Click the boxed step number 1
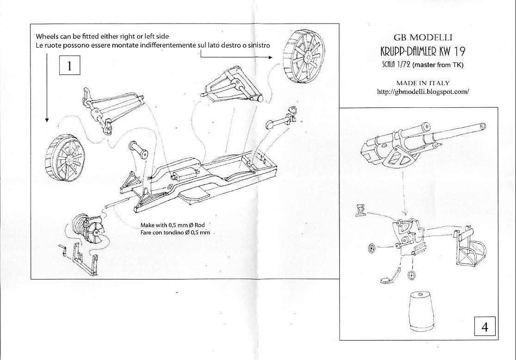[x=69, y=66]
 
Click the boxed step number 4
[x=485, y=327]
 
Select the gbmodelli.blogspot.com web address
[x=423, y=92]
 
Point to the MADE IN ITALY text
[x=423, y=83]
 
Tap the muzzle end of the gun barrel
[x=483, y=126]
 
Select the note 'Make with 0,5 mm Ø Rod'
[x=172, y=225]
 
